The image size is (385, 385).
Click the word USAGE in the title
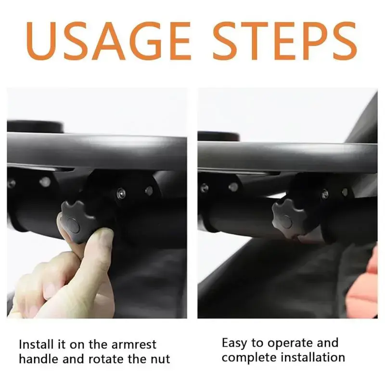click(x=108, y=41)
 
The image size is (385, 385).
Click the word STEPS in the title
click(x=285, y=41)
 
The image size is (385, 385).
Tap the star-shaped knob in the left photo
click(x=77, y=221)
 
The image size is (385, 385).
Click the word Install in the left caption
click(x=36, y=344)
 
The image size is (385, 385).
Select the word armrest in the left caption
click(x=134, y=345)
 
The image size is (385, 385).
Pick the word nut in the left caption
click(x=160, y=359)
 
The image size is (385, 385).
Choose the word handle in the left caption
click(x=39, y=359)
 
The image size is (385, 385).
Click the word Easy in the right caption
click(x=234, y=343)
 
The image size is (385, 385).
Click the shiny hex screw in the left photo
click(x=121, y=193)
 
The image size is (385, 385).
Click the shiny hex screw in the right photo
click(x=325, y=194)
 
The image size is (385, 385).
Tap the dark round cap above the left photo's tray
click(x=35, y=127)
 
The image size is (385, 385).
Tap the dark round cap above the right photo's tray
click(x=218, y=136)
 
